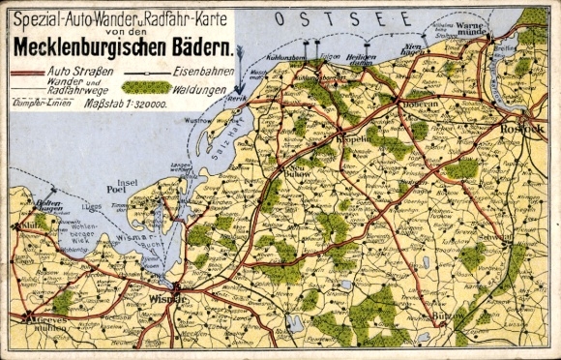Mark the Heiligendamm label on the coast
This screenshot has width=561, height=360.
pyautogui.click(x=361, y=57)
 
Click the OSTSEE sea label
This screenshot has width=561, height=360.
pyautogui.click(x=314, y=18)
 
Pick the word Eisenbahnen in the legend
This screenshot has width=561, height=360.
pyautogui.click(x=202, y=73)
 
